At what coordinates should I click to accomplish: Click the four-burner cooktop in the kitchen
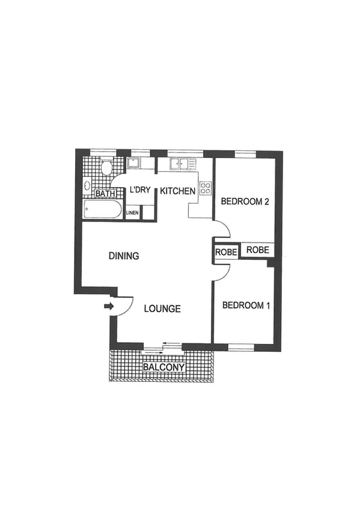[205, 189]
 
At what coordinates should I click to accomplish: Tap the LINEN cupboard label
[133, 213]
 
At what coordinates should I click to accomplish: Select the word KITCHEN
[177, 191]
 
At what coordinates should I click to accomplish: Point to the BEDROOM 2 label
[244, 202]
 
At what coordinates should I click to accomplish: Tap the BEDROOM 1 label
[246, 306]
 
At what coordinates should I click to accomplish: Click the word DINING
[124, 256]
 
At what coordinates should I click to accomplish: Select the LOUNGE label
[162, 309]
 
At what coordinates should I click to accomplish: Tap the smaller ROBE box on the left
[227, 251]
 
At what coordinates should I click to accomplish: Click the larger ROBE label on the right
[257, 250]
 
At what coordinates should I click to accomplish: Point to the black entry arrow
[108, 307]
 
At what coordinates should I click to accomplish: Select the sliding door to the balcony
[162, 345]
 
